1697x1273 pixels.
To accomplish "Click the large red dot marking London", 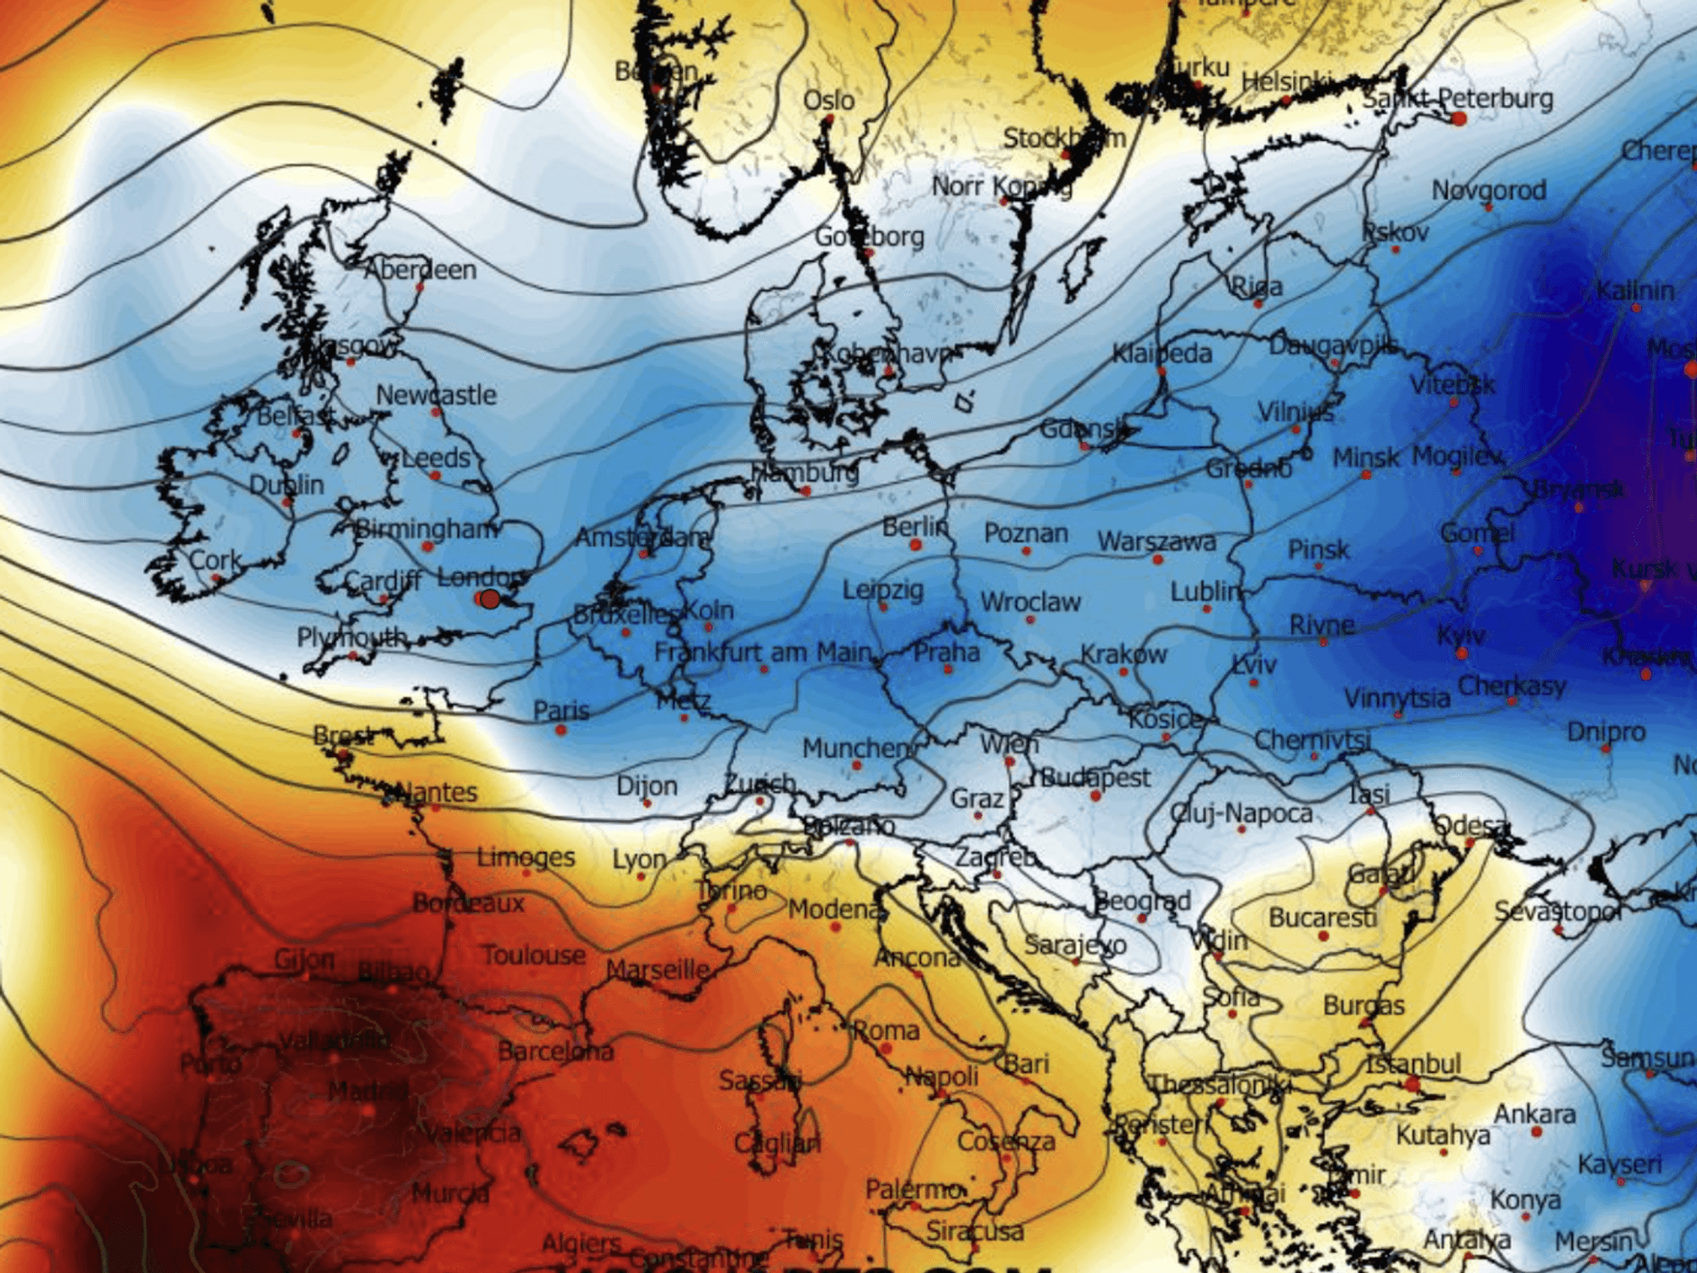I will [x=489, y=599].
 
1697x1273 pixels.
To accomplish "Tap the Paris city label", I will [x=561, y=709].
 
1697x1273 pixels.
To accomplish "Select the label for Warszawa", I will [x=1157, y=541].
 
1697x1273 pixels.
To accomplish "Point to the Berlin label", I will [x=914, y=526].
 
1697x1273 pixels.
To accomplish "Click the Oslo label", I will [x=829, y=100].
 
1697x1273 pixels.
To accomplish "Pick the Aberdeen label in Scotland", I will [x=420, y=270].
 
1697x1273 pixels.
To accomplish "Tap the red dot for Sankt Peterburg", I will [x=1459, y=119].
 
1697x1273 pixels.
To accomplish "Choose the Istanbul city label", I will [x=1413, y=1063].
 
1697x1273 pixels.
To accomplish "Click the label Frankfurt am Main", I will [x=763, y=652].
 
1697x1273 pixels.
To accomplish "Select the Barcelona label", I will [x=555, y=1051].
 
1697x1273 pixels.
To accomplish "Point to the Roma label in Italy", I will [x=886, y=1030].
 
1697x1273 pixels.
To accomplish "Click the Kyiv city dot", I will [x=1461, y=653].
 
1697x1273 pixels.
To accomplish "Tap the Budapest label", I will [x=1095, y=777].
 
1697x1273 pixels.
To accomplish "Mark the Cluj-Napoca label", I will [x=1241, y=813].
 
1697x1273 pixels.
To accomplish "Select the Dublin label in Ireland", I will [x=286, y=485].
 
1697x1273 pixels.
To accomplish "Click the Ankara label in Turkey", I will [x=1534, y=1113].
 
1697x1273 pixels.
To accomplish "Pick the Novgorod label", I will [x=1488, y=190].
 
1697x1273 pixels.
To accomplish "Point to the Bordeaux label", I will [x=468, y=903].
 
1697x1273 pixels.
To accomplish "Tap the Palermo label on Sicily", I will [x=913, y=1189].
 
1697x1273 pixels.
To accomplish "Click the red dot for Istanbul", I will [x=1412, y=1084].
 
